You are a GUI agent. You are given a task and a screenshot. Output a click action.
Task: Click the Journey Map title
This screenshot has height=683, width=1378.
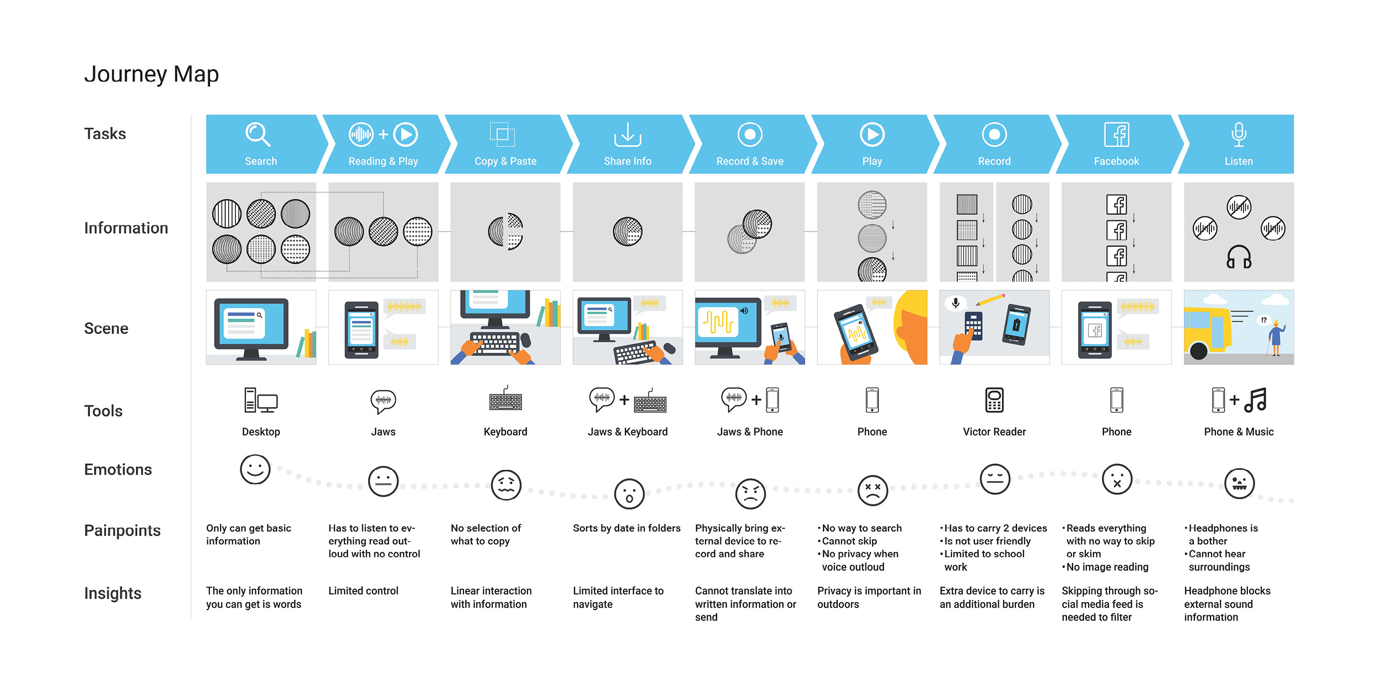pos(152,74)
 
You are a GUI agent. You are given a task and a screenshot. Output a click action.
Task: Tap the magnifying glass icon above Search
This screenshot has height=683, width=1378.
pos(257,134)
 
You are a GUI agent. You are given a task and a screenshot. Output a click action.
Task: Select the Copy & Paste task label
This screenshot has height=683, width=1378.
pos(505,161)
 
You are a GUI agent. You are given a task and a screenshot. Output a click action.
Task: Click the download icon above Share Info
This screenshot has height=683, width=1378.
pos(627,135)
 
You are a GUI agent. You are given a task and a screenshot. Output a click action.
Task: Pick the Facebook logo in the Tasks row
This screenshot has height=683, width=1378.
pos(1117,134)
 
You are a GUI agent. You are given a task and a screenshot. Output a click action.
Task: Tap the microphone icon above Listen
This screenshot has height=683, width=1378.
pos(1239,134)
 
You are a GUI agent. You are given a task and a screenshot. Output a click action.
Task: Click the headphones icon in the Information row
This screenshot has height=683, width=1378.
pos(1239,257)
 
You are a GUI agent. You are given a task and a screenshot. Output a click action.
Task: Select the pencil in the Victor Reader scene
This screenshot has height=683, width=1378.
pos(991,300)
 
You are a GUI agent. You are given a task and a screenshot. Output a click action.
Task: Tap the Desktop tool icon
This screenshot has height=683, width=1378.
pos(261,400)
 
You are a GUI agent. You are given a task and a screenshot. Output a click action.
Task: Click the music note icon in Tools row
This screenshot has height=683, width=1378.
pos(1256,400)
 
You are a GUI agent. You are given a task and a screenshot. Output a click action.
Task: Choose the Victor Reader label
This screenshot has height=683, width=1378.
pos(994,432)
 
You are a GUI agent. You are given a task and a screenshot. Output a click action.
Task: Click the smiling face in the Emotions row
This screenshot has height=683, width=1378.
pos(255,470)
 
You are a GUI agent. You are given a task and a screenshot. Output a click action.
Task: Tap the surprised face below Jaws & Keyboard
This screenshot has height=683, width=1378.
pos(629,494)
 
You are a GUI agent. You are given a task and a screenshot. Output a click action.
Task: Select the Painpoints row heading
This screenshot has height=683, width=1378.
pos(122,530)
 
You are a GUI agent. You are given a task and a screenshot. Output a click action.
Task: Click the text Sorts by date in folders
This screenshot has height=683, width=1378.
pos(627,528)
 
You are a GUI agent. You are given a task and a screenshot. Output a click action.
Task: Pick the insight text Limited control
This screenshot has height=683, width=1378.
pos(363,591)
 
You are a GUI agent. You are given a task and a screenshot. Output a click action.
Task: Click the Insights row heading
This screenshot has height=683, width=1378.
pos(113,593)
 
